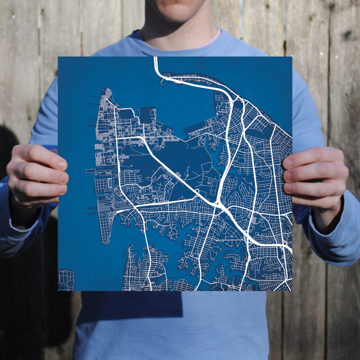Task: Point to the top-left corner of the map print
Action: [58, 57]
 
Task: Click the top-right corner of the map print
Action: [292, 57]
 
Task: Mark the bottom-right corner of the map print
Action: [292, 291]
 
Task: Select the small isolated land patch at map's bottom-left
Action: [66, 280]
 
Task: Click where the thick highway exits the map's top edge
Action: [155, 58]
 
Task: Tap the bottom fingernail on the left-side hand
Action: [63, 189]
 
